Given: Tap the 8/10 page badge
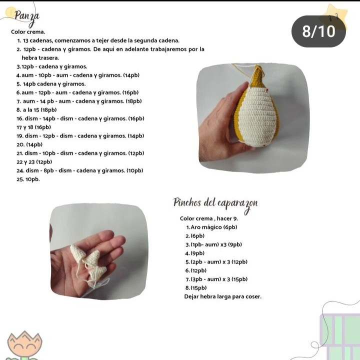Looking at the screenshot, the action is coord(318,31).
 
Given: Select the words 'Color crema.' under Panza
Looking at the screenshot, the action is coord(28,32).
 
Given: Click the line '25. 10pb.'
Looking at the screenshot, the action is coord(28,179).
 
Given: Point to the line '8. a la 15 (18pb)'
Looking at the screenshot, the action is coord(36,109).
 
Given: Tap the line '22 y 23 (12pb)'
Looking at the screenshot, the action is coord(34,162).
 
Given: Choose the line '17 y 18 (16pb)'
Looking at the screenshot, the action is coord(34,127).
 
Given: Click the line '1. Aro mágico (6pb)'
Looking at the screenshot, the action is coord(211,227).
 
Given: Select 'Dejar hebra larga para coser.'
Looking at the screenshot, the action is coord(222,296).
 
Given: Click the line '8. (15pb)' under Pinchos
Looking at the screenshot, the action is coord(196,288).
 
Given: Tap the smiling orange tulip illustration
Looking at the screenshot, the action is coord(24,345).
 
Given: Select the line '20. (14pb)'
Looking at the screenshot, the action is coord(29,144).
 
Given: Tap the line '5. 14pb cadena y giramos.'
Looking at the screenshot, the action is coord(51,84).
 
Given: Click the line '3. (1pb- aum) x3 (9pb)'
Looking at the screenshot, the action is coord(214,244).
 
